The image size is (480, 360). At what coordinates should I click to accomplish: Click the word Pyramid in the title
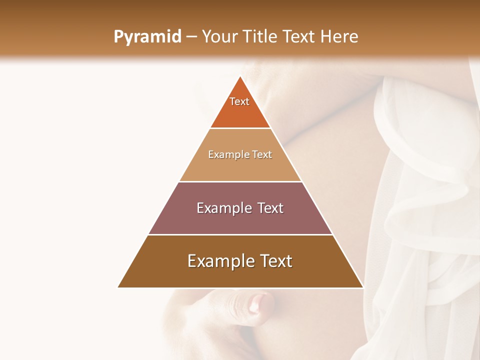coord(147,37)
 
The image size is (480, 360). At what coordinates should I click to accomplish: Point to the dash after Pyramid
coord(191,37)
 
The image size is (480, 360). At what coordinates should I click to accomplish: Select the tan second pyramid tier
coord(240,167)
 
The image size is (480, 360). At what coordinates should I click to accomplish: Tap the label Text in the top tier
coord(239,101)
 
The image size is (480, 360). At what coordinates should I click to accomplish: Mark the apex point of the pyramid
coord(240,76)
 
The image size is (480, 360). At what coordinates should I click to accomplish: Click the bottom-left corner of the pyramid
coord(118,287)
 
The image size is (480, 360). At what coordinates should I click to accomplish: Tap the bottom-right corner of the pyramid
coord(363,287)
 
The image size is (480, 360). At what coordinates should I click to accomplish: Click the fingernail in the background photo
coord(258,302)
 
